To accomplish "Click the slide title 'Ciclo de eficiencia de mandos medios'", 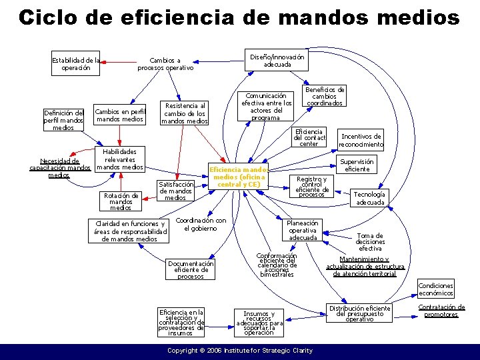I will (x=239, y=17).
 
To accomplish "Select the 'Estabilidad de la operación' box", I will (x=76, y=64).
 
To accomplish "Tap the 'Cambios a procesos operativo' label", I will (x=165, y=64).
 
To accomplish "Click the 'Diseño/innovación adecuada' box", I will (x=277, y=61).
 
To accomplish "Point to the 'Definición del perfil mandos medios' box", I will (x=63, y=120).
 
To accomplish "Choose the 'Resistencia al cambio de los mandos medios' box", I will (x=185, y=113).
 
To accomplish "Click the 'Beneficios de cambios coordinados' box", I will (x=325, y=97).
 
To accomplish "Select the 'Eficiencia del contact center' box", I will (x=309, y=138).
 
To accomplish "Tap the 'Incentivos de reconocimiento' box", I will (x=361, y=140).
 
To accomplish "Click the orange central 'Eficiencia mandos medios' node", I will (x=238, y=177).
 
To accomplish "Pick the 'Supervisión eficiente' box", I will (x=357, y=165).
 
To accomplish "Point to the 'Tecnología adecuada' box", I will (x=369, y=198).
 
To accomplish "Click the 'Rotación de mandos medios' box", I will (x=121, y=201).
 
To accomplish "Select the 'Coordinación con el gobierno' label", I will (x=201, y=224).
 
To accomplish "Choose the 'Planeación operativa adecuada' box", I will (x=303, y=230).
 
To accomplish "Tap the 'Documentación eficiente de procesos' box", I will (x=191, y=270).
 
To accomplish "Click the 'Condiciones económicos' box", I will (x=436, y=289).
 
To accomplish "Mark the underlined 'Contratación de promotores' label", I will (x=441, y=311).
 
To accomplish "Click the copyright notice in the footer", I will (x=239, y=350).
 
